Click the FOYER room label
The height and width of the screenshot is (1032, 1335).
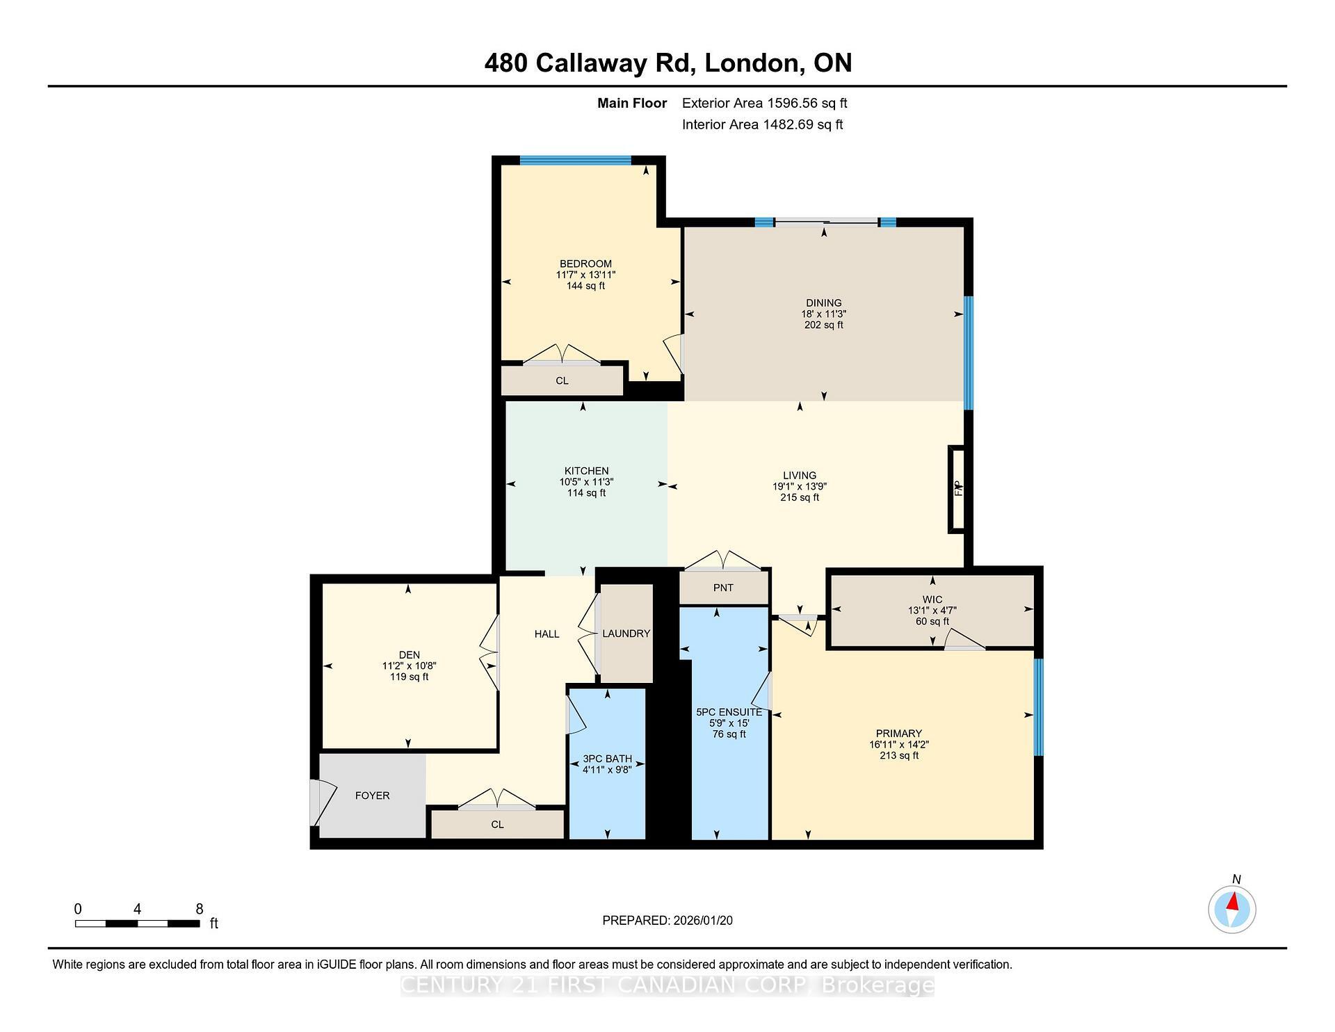pos(372,796)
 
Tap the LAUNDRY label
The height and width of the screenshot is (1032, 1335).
pos(626,634)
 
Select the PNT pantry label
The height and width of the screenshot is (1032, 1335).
pos(723,588)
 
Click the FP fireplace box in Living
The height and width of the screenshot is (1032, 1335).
pos(957,490)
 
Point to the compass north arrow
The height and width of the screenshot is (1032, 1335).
pos(1233,903)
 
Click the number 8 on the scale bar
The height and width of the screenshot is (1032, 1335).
pos(200,909)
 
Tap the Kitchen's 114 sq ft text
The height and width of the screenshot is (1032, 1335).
pos(586,493)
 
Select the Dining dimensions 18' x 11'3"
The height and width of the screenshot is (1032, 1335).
pos(823,314)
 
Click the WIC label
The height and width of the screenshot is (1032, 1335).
pos(932,599)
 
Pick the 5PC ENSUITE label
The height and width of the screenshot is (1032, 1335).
pos(729,712)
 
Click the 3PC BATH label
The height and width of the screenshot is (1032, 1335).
pos(607,759)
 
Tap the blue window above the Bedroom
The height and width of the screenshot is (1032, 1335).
pos(575,160)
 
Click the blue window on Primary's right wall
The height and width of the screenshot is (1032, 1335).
pos(1038,707)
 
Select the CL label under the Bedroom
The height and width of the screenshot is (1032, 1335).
pos(562,381)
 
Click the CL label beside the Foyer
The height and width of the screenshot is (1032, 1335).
pos(497,825)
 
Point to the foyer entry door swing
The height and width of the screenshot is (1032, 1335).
pos(323,799)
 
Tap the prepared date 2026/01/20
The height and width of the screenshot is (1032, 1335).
pos(702,921)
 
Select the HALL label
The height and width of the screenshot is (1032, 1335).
pos(547,634)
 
